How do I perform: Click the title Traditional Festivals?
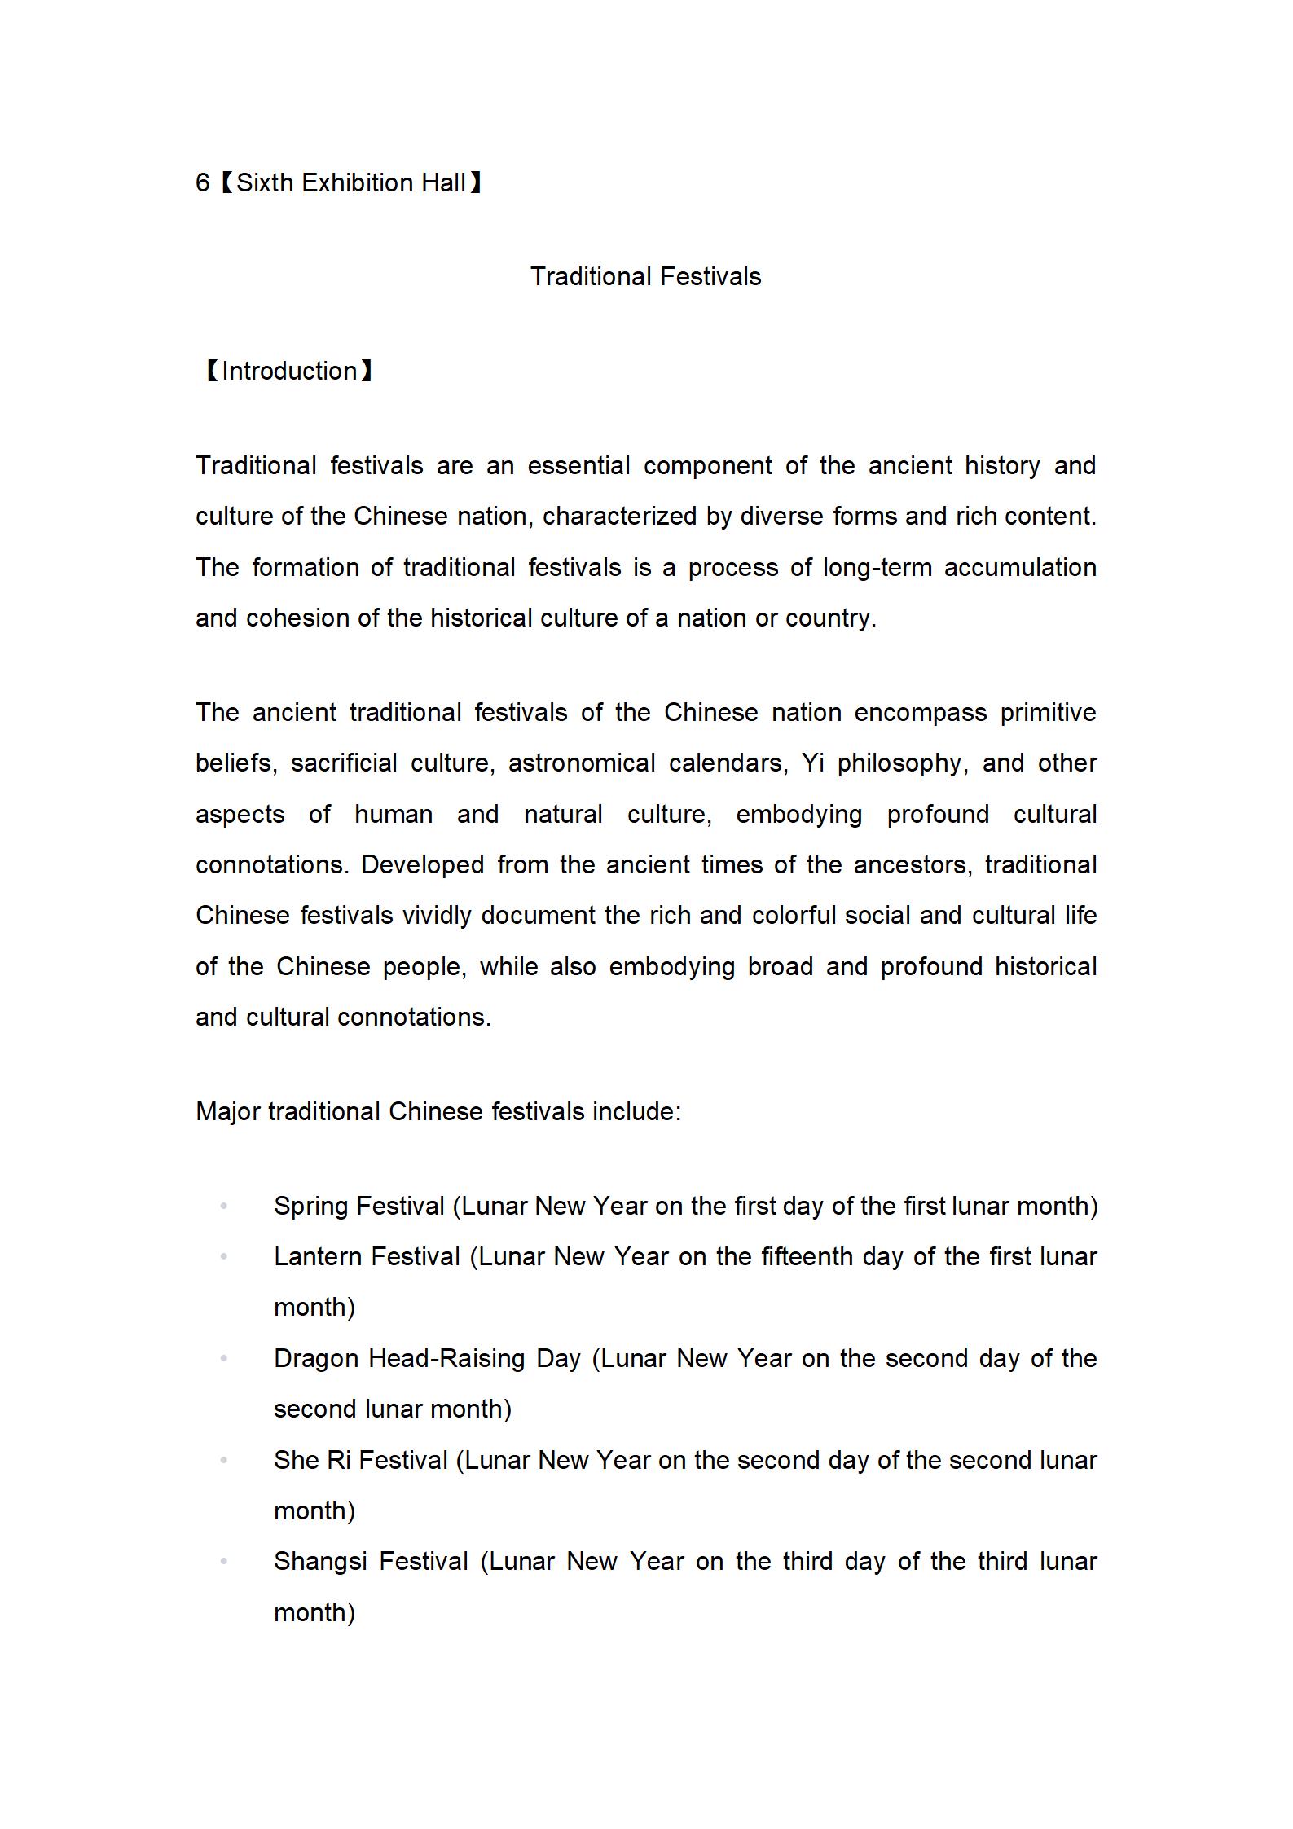tap(645, 277)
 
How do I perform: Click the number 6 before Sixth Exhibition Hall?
tap(202, 182)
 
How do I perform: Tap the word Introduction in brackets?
tap(289, 372)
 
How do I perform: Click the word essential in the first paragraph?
tap(578, 466)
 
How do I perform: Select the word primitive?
tap(1048, 713)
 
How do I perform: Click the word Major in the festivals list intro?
tap(228, 1112)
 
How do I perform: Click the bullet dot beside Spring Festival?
tap(224, 1207)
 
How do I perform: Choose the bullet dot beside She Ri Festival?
tap(224, 1461)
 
